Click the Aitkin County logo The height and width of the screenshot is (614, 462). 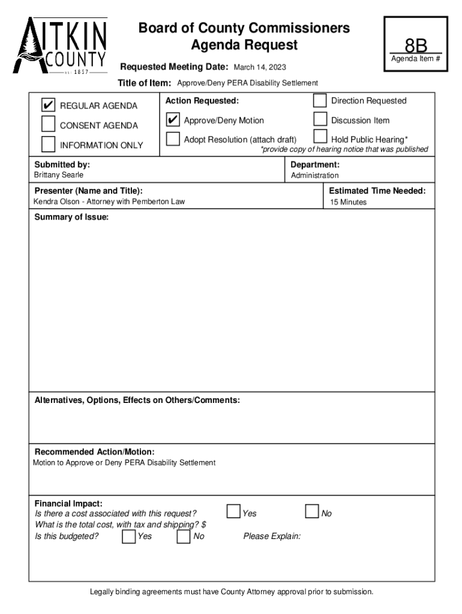(61, 46)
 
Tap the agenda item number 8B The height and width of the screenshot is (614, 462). (415, 46)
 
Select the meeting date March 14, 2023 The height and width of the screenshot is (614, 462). (259, 67)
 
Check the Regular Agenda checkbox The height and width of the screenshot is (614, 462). (48, 106)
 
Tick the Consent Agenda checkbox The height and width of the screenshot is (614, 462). (48, 125)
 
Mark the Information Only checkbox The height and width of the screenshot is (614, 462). (48, 145)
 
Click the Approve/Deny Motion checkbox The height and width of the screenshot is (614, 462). (173, 120)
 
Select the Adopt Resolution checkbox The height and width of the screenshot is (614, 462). (173, 139)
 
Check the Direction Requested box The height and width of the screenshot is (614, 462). (320, 101)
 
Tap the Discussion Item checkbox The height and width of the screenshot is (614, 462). (320, 120)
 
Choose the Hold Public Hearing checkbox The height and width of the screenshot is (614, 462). (320, 138)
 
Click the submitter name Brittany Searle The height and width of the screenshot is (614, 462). (59, 175)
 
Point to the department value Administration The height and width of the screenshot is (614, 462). (314, 176)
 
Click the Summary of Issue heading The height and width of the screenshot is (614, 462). (71, 217)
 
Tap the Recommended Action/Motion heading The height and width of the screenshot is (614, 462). (94, 452)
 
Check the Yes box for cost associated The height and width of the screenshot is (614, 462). (233, 511)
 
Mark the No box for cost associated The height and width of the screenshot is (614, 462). (311, 511)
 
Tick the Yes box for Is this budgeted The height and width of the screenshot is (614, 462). (128, 536)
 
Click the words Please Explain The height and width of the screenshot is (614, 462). (272, 536)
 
